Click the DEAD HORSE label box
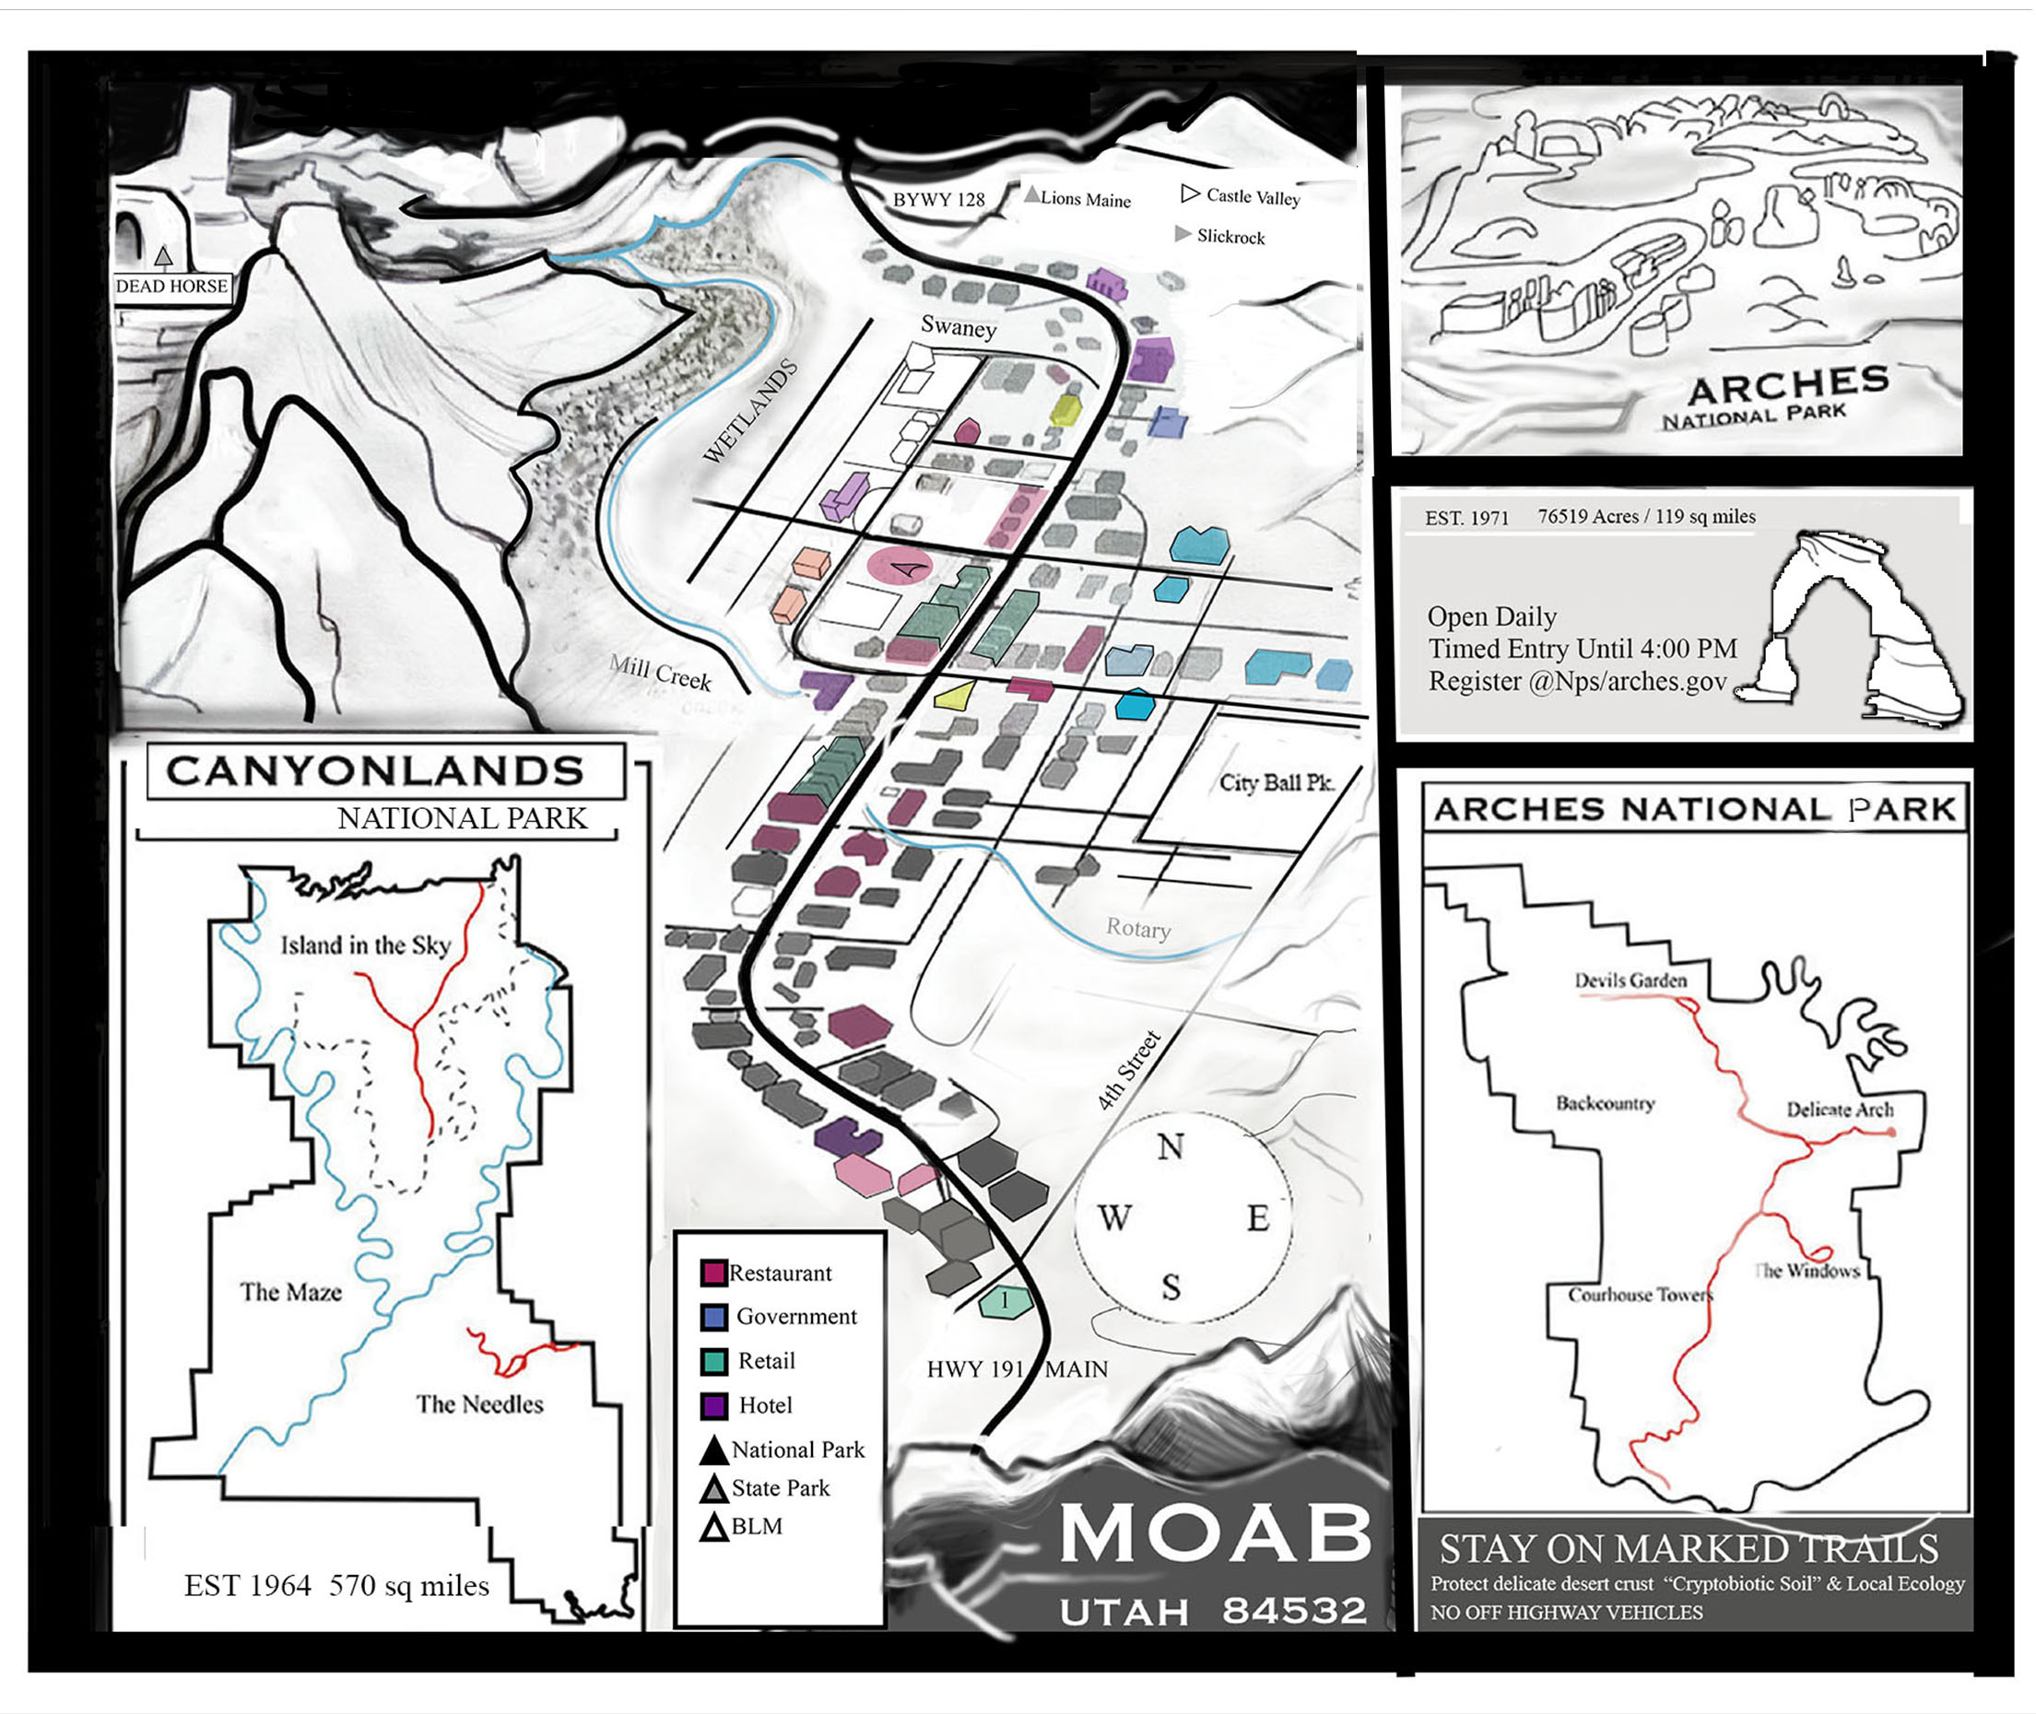pos(171,286)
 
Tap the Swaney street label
pos(959,326)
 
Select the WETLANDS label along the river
pos(749,411)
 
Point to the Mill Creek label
pos(660,672)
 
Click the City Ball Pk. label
pos(1276,782)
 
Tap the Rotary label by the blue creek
pos(1138,928)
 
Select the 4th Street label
pos(1128,1071)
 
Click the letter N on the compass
pos(1171,1146)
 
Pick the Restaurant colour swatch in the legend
pos(713,1272)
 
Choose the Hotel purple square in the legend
pos(713,1405)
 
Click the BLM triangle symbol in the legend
pos(714,1528)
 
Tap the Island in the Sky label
pos(365,945)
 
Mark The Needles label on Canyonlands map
pos(479,1404)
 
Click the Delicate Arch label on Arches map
pos(1840,1109)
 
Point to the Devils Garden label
pos(1630,980)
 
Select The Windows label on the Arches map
pos(1807,1270)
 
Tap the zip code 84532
pos(1293,1611)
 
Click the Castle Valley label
pos(1253,196)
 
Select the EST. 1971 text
pos(1465,518)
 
